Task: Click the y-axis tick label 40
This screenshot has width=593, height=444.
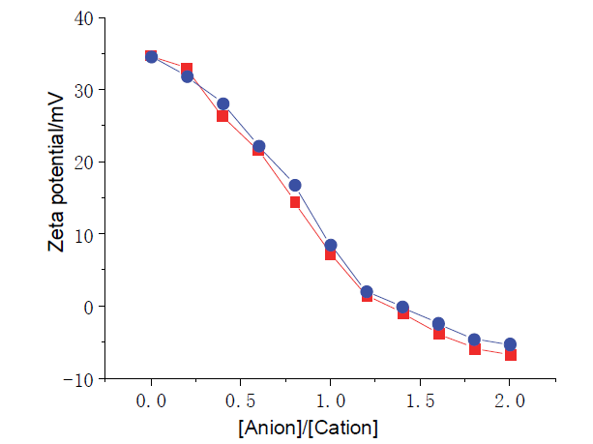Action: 83,18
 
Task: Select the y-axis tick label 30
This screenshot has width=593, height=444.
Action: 83,90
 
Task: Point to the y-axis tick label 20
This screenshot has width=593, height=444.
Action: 83,162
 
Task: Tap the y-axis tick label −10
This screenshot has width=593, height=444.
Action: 77,378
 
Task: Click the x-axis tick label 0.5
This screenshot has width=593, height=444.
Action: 241,400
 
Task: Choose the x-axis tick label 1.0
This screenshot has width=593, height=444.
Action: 330,400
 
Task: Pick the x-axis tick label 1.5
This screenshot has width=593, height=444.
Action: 420,400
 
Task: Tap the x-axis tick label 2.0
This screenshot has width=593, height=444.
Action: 510,400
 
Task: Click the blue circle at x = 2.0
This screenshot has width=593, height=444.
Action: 510,344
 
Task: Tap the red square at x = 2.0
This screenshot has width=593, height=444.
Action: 510,355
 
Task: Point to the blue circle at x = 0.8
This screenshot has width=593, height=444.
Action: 295,185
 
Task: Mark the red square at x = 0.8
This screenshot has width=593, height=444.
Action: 295,202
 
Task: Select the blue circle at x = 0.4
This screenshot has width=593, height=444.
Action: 223,104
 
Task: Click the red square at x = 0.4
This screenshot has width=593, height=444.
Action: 222,116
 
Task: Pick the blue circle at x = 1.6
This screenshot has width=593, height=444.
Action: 438,323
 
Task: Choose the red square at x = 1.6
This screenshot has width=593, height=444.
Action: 438,334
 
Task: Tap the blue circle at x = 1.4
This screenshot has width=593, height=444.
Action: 402,307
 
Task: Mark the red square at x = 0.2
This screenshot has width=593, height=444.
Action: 187,69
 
